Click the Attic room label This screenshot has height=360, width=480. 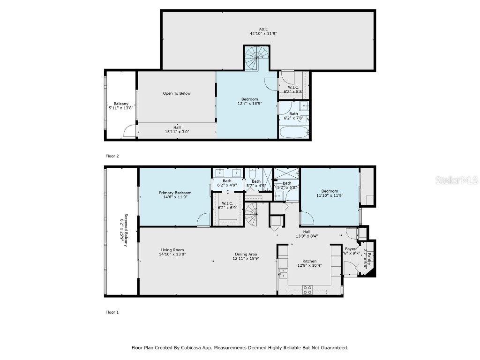coord(263,29)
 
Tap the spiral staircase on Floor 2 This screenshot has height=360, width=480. coord(257,59)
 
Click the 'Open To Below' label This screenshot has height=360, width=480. coord(177,93)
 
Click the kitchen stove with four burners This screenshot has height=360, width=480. coord(307,290)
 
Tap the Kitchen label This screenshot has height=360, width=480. coord(309,261)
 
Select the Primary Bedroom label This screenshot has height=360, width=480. coord(175,193)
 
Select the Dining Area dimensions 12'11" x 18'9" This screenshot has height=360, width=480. coord(246,259)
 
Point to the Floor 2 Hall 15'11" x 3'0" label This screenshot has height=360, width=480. coord(177,129)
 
